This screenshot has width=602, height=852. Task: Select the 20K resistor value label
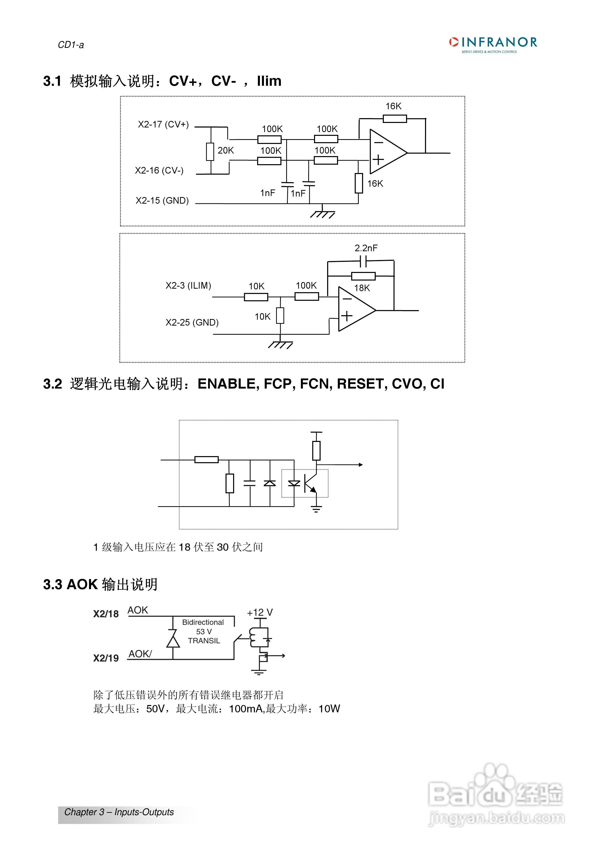pyautogui.click(x=226, y=150)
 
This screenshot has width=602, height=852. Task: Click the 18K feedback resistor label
pyautogui.click(x=362, y=288)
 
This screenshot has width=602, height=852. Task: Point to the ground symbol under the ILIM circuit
pyautogui.click(x=280, y=345)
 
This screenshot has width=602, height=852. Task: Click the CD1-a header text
pyautogui.click(x=71, y=45)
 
